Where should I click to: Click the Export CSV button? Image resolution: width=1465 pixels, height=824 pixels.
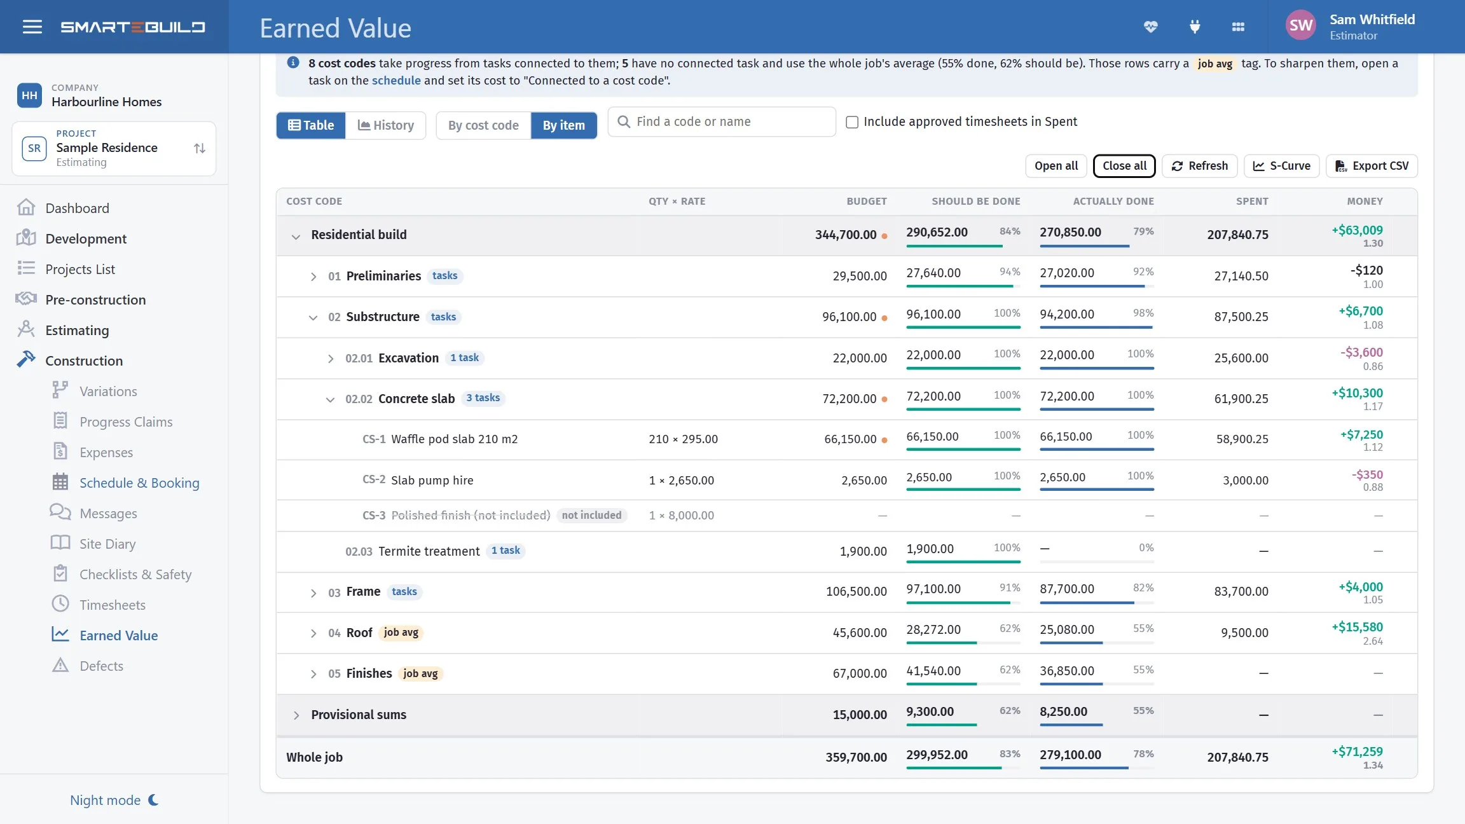pyautogui.click(x=1372, y=166)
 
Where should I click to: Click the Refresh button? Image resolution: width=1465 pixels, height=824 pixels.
pyautogui.click(x=1199, y=166)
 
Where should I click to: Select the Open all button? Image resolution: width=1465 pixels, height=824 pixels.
pyautogui.click(x=1056, y=166)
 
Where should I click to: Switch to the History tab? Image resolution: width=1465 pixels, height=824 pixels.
pyautogui.click(x=386, y=125)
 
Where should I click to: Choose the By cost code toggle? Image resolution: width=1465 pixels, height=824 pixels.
pyautogui.click(x=483, y=125)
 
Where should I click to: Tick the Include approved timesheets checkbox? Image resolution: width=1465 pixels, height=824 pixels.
pyautogui.click(x=852, y=122)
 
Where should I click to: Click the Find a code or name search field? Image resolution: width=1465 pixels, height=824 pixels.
pyautogui.click(x=722, y=121)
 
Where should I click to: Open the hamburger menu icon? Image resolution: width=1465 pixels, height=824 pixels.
pyautogui.click(x=32, y=27)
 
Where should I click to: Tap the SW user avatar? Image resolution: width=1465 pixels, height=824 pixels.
pyautogui.click(x=1301, y=25)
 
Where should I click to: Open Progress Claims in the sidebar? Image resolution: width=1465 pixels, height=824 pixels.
pyautogui.click(x=126, y=422)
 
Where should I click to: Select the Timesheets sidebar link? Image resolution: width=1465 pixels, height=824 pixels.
pyautogui.click(x=113, y=605)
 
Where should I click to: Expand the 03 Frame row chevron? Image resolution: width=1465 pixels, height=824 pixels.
pyautogui.click(x=313, y=593)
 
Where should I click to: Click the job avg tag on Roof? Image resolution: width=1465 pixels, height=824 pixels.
pyautogui.click(x=401, y=633)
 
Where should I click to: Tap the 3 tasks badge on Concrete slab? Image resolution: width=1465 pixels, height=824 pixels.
pyautogui.click(x=483, y=398)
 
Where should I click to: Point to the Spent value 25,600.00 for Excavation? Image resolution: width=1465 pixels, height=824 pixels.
pyautogui.click(x=1241, y=358)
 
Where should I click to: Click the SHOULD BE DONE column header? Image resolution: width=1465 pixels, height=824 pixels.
pyautogui.click(x=976, y=202)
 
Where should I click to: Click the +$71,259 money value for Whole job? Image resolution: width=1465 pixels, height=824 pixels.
pyautogui.click(x=1358, y=752)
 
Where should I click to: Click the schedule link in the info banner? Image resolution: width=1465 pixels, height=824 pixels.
pyautogui.click(x=396, y=81)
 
